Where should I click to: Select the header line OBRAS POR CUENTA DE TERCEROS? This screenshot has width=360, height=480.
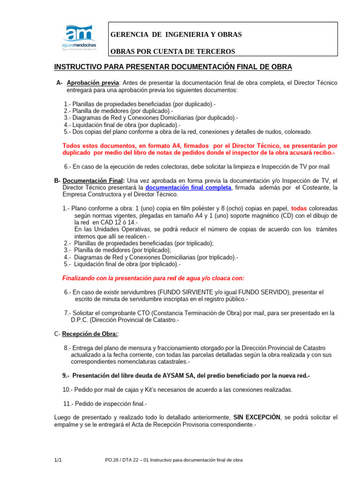pos(172,51)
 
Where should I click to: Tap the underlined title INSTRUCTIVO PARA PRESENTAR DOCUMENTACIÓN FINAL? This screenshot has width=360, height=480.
pos(173,67)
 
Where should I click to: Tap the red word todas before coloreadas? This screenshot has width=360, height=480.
pos(300,208)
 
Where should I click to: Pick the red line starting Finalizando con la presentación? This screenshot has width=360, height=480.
pos(153,278)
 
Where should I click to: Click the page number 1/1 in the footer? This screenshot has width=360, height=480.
pos(59,460)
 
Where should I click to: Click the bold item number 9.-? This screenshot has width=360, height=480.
pos(66,376)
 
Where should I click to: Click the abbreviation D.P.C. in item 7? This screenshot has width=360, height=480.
pos(81,320)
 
